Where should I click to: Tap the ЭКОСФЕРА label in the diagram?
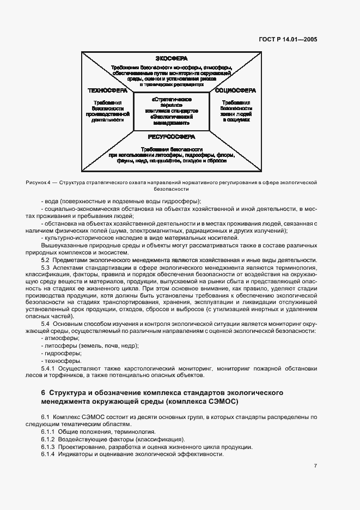pos(172,59)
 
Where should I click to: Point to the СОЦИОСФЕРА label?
pos(236,89)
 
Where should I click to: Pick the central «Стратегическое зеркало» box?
pos(172,112)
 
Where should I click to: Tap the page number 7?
pos(316,465)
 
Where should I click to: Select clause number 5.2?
pos(46,259)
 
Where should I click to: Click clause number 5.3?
pos(46,267)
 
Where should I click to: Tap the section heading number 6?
pos(43,393)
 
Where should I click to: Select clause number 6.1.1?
pos(49,432)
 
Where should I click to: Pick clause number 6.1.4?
pos(49,454)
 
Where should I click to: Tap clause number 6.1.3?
pos(49,447)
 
